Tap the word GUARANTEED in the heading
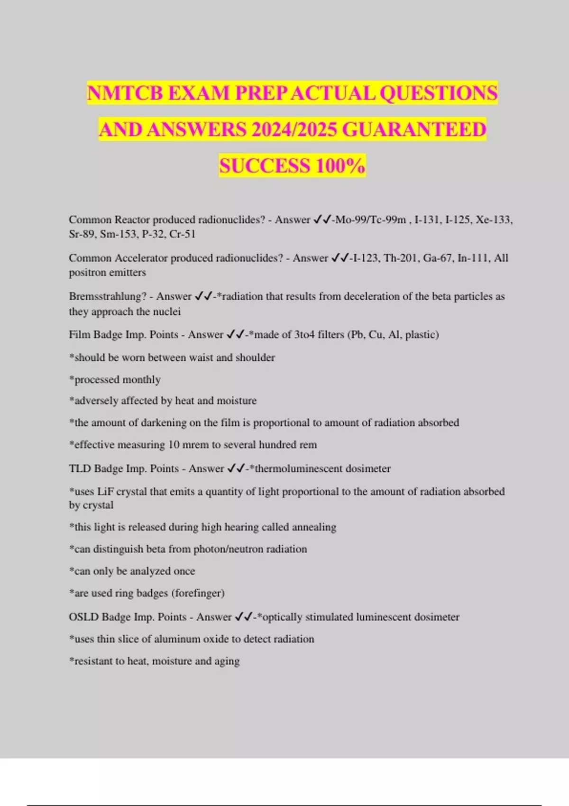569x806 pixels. click(x=413, y=129)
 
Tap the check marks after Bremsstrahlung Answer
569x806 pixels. click(x=203, y=296)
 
